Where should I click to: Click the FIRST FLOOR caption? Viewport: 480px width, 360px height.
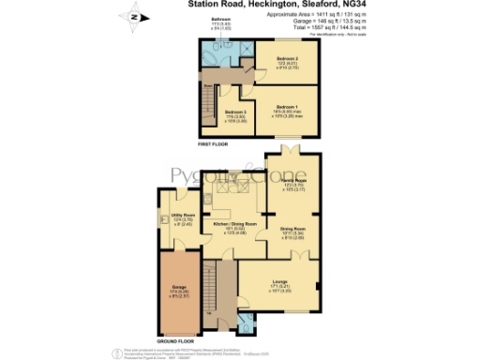(x=213, y=145)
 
